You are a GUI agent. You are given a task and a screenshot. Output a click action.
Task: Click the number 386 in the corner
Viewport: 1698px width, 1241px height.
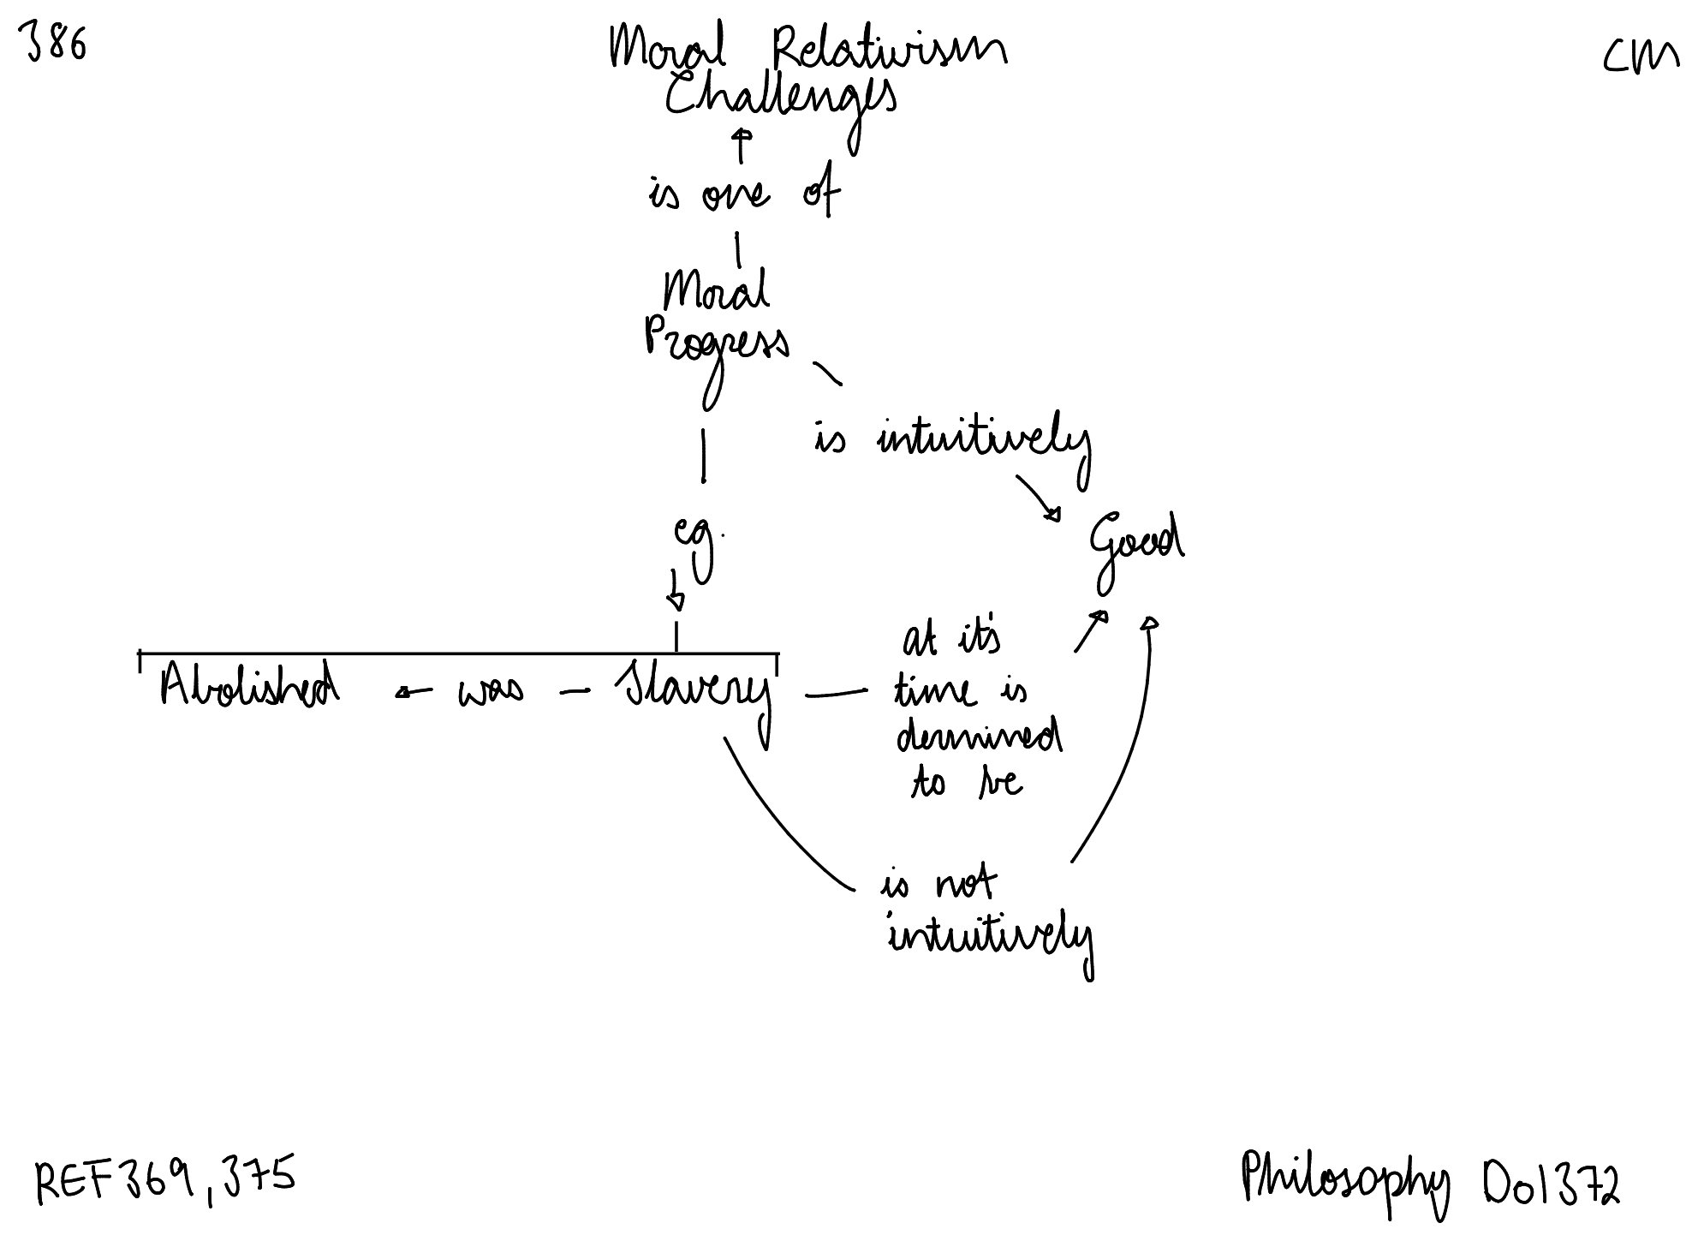click(x=57, y=43)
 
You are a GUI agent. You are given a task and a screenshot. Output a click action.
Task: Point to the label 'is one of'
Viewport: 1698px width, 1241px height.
click(x=743, y=194)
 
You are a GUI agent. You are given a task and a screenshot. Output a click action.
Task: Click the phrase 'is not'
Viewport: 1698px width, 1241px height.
click(x=938, y=885)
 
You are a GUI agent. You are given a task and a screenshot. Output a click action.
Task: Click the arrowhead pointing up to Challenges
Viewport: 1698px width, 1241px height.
click(x=742, y=135)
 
